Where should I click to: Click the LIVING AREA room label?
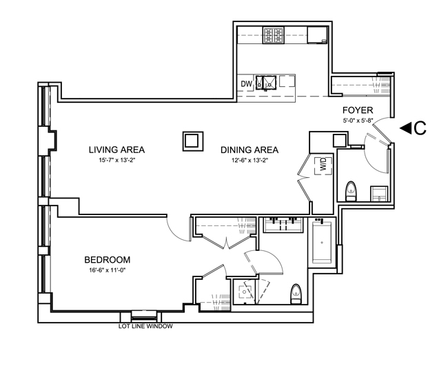(x=116, y=150)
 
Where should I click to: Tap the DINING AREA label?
(x=250, y=150)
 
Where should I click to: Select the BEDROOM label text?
(x=108, y=260)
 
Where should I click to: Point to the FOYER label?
(x=358, y=110)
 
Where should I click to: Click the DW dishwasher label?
(x=247, y=83)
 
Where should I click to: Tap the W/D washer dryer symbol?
(x=324, y=165)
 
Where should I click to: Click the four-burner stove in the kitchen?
(x=274, y=35)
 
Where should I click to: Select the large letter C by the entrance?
(x=420, y=128)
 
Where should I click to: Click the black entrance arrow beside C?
(x=405, y=128)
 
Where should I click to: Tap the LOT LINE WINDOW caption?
(x=145, y=326)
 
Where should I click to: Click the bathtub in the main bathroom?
(x=322, y=243)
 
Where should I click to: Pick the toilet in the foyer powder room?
(x=352, y=191)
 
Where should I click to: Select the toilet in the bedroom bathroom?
(x=296, y=294)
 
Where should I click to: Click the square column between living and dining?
(x=193, y=141)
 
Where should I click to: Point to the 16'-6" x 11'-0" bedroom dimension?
(x=108, y=270)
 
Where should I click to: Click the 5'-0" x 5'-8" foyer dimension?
(x=358, y=121)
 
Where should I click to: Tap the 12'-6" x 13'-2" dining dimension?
(x=250, y=161)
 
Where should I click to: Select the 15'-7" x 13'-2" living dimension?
(x=116, y=161)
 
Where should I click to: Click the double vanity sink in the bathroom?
(x=283, y=225)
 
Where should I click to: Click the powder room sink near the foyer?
(x=379, y=194)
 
